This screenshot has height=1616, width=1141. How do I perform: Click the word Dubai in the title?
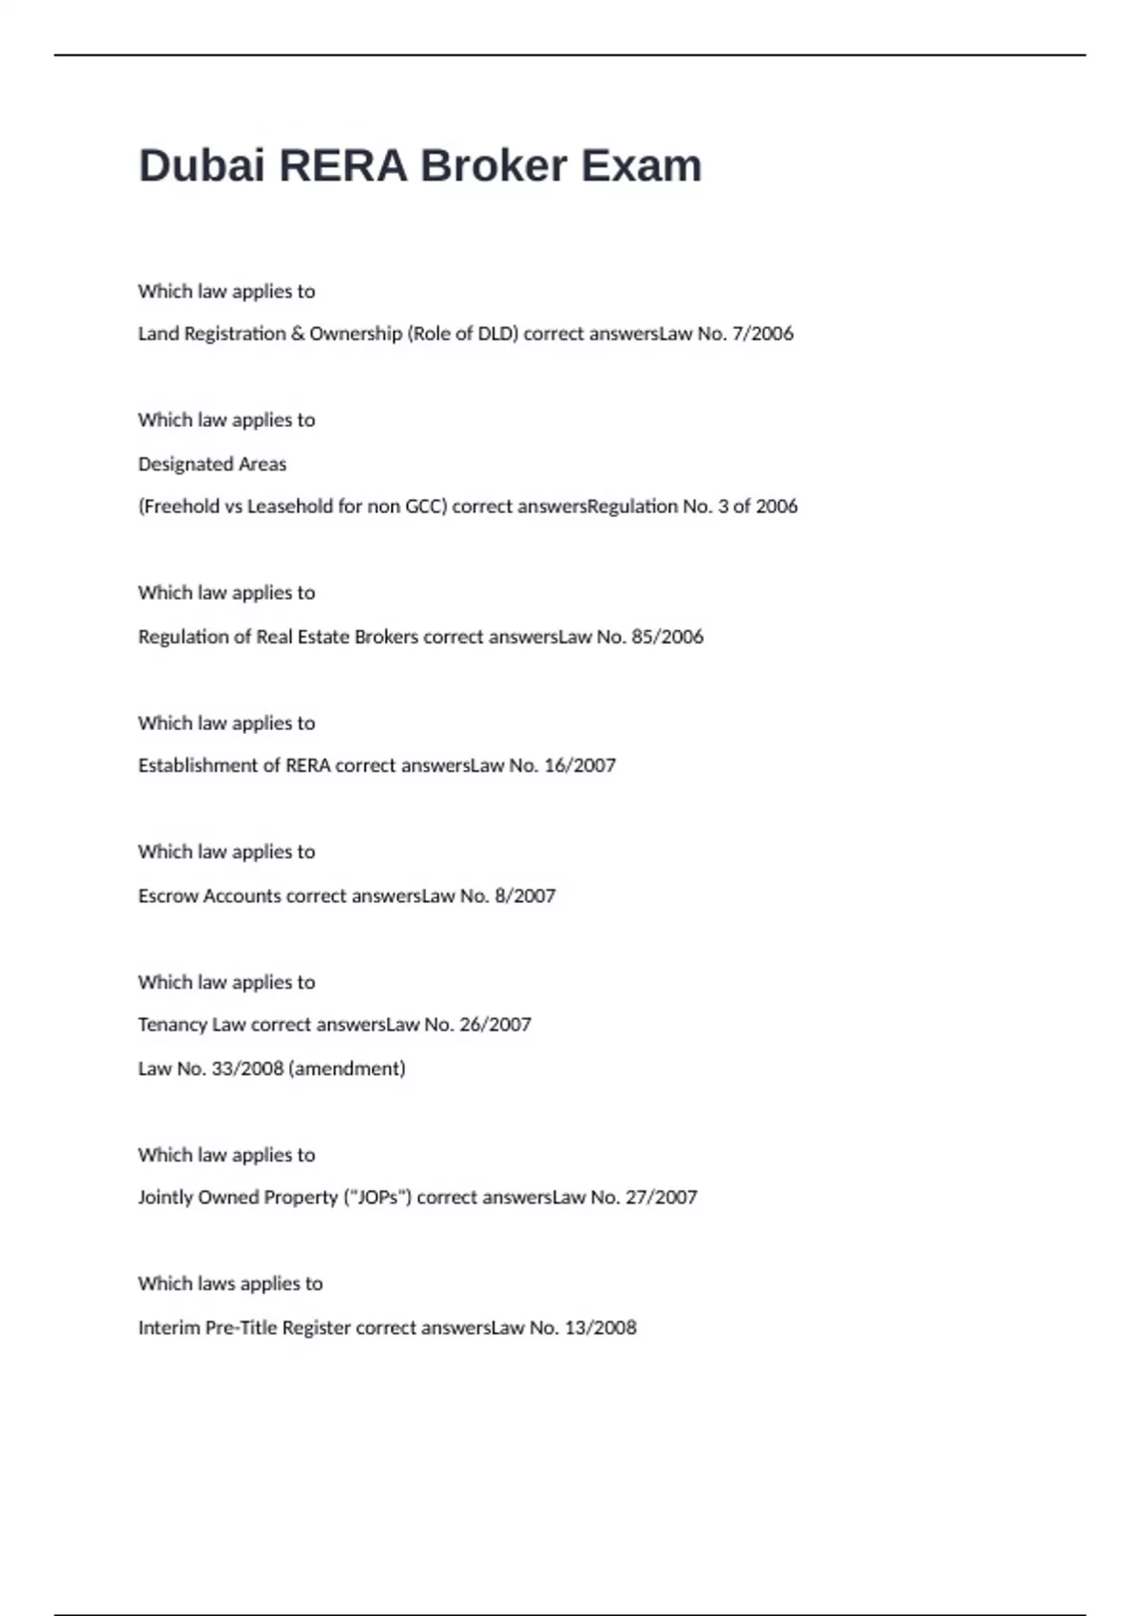click(201, 166)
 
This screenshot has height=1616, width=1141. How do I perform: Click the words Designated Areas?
click(212, 464)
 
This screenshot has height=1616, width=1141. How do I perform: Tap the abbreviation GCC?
click(424, 507)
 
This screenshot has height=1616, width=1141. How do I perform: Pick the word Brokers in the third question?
click(386, 637)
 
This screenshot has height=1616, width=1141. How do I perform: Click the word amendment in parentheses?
click(347, 1068)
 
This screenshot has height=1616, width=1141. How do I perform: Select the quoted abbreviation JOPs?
click(377, 1198)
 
